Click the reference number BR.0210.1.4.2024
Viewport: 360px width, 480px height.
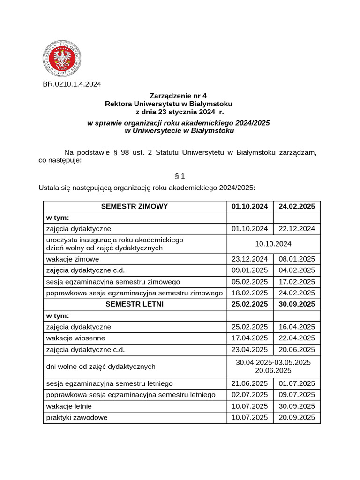point(72,84)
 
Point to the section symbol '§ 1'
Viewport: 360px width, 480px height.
point(180,176)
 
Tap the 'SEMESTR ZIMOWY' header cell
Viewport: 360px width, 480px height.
point(135,206)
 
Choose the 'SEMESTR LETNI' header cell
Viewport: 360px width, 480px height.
point(135,304)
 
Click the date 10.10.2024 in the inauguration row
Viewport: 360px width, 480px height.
point(273,244)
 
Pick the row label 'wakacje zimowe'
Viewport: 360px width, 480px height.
point(73,259)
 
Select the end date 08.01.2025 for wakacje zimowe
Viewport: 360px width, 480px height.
point(297,259)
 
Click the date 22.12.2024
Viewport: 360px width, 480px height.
point(297,229)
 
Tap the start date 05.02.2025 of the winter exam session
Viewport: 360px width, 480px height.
point(250,282)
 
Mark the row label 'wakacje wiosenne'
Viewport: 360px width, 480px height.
point(75,338)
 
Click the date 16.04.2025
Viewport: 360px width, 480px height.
point(297,327)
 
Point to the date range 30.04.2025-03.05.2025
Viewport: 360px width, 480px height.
point(273,362)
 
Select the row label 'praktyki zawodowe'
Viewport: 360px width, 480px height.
point(77,417)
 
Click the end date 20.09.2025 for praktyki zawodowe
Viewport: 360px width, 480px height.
point(297,417)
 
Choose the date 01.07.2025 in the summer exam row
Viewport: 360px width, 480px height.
point(297,383)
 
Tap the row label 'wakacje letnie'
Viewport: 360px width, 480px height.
point(69,406)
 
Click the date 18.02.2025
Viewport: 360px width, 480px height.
point(250,293)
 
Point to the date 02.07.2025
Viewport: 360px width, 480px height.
point(250,395)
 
